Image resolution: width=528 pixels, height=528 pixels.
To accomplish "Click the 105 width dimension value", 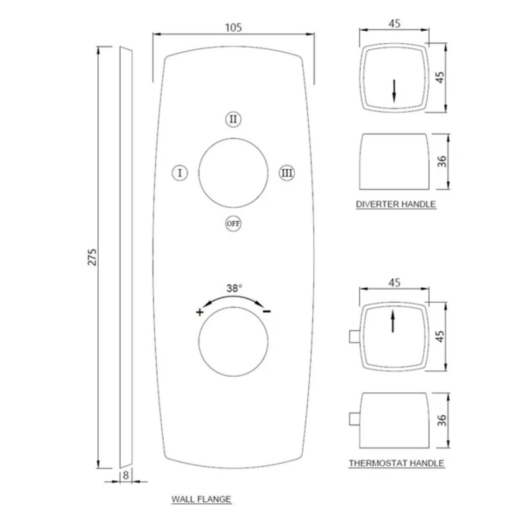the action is pos(233,27).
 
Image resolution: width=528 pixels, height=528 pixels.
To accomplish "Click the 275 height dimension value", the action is pos(92,257).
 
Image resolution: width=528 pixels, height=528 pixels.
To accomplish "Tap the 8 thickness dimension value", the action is pos(126,475).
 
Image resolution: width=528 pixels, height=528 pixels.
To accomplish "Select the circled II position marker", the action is pos(233,119).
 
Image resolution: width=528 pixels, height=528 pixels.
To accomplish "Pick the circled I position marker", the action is pos(180,173).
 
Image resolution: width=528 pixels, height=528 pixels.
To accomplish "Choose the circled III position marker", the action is pos(287,173).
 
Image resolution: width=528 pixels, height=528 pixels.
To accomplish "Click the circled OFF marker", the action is pos(233,224).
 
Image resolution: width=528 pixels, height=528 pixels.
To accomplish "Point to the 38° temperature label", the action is pos(234,288).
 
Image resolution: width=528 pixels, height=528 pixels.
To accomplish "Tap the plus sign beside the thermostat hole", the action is pos(200,312).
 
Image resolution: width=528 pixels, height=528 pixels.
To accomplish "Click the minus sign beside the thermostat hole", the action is pos(267,311).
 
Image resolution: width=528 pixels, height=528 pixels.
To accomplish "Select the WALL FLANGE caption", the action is pos(201,499).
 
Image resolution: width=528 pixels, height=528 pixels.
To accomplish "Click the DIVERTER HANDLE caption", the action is pos(396,204).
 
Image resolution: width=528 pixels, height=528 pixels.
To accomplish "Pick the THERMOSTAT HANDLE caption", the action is pos(396,463).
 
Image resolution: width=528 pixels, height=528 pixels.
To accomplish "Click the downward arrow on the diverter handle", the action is pos(394,91).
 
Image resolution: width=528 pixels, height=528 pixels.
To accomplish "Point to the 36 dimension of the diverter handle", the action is pos(441,161).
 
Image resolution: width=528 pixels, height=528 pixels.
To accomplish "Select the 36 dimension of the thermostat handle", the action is pos(441,420).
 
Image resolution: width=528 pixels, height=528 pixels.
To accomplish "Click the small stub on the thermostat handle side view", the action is pos(354,419).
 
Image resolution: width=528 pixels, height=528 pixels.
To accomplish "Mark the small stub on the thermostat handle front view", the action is pos(354,336).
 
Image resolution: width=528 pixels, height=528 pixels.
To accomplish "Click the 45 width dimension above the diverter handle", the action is pos(394,24).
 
